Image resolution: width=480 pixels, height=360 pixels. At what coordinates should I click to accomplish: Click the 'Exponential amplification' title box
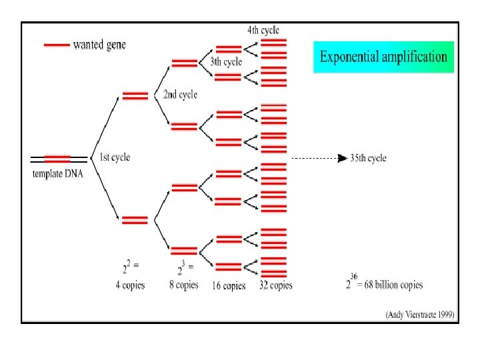tap(383, 57)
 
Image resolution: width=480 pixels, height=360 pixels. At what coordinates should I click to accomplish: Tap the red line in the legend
tap(57, 45)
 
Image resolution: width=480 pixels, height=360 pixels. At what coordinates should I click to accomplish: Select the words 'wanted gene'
tap(99, 45)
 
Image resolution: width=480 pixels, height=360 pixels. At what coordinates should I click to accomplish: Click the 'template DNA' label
tap(59, 174)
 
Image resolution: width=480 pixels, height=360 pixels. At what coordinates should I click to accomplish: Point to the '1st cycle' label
tap(115, 157)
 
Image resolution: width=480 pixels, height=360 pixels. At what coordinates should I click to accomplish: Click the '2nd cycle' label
tap(180, 95)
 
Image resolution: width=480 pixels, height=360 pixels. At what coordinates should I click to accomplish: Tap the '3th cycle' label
tap(226, 62)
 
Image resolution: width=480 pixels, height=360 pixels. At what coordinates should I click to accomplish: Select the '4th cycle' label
tap(263, 29)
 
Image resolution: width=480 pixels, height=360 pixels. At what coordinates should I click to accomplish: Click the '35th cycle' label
tap(369, 158)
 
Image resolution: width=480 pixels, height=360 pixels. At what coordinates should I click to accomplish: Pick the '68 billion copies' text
tap(393, 285)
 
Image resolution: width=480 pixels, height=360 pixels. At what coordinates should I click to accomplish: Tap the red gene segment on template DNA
tap(58, 159)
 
